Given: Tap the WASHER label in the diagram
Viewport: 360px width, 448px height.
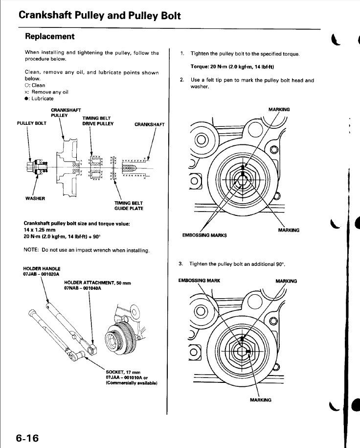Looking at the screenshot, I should pyautogui.click(x=35, y=198).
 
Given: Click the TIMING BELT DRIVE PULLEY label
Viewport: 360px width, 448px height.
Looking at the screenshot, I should pyautogui.click(x=98, y=121).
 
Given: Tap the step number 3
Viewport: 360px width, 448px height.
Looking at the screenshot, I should pyautogui.click(x=182, y=264).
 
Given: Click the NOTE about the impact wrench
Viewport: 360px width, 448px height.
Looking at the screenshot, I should pyautogui.click(x=86, y=250).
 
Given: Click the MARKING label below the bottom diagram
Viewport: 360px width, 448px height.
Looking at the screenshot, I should pyautogui.click(x=260, y=400).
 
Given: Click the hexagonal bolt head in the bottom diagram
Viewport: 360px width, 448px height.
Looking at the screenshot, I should pyautogui.click(x=243, y=348).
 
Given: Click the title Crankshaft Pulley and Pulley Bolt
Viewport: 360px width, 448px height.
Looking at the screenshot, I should pyautogui.click(x=100, y=15).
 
